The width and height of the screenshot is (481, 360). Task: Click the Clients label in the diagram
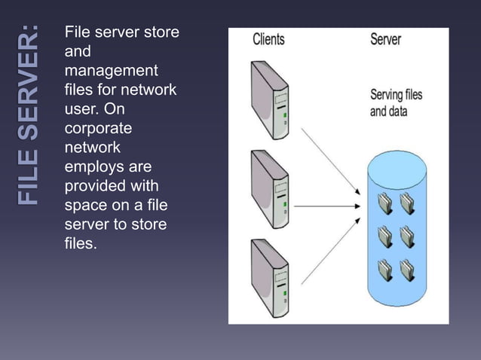[x=269, y=39]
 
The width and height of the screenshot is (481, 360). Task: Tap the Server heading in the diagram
[x=385, y=39]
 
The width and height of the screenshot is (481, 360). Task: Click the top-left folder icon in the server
[x=385, y=203]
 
